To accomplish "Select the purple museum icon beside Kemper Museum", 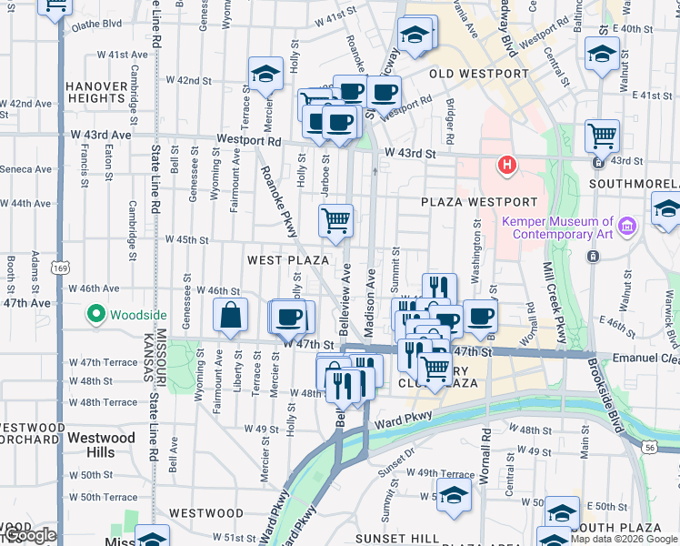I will (625, 225).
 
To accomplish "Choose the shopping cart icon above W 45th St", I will (335, 220).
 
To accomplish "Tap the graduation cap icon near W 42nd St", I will (265, 75).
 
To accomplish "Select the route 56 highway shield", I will (647, 447).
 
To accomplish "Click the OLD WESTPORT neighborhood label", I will (478, 74).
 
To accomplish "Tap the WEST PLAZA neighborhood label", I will (288, 260).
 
